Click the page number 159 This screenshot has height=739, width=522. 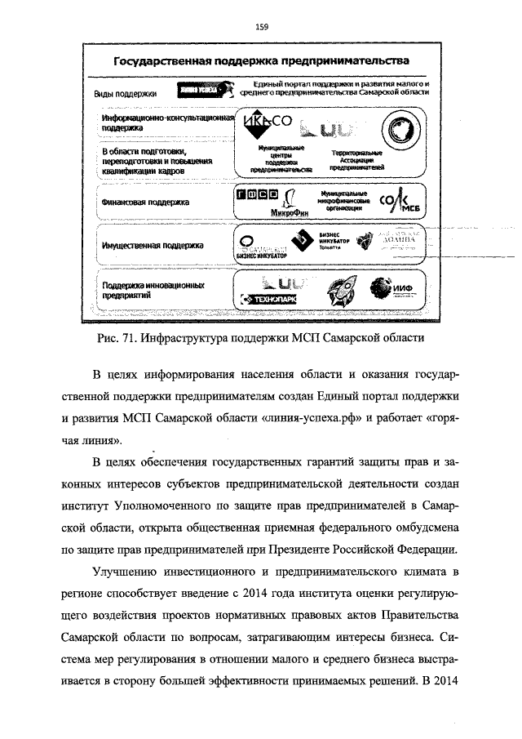262,28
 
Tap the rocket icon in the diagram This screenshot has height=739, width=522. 332,291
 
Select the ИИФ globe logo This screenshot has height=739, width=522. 389,288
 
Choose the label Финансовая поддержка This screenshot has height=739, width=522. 145,202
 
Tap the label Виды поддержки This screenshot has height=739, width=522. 126,94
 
